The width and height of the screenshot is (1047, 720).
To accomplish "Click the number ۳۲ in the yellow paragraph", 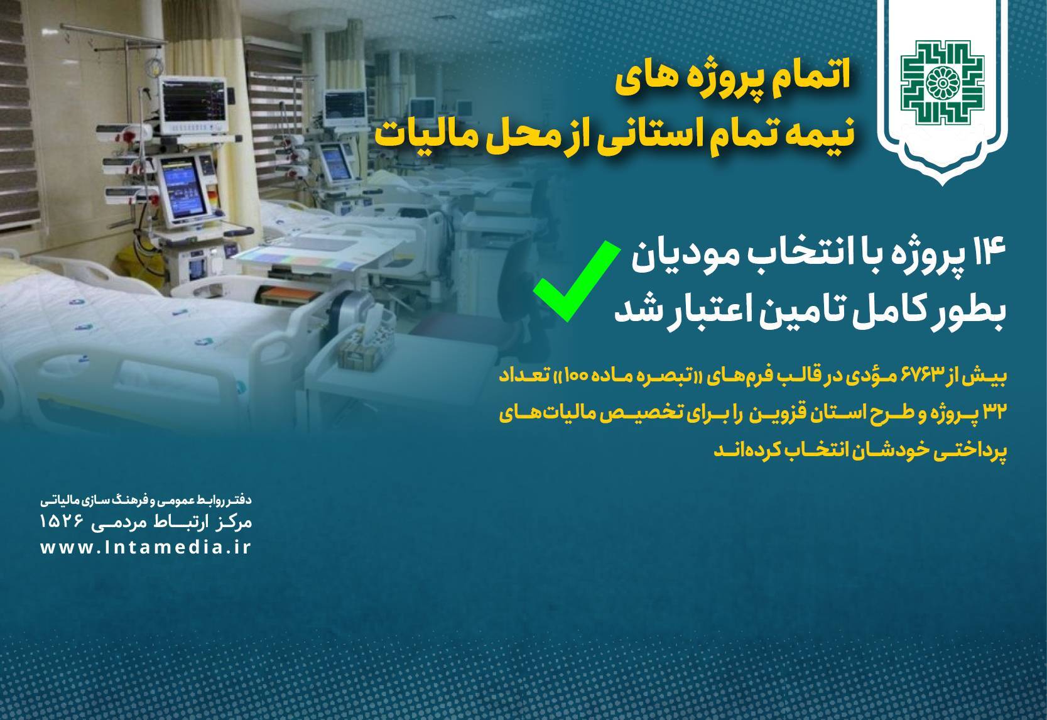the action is [991, 414].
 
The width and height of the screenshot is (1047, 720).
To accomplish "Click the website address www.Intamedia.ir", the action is [146, 547].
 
